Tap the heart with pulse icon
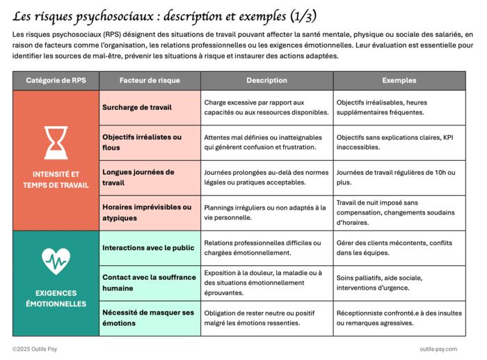coord(56,260)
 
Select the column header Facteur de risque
coord(150,81)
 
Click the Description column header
coord(266,81)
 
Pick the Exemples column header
coord(399,81)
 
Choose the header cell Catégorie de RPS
coord(56,81)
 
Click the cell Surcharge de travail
coord(137,107)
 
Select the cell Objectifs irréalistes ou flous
coord(142,142)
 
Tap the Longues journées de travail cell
coord(138,177)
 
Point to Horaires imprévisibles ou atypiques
coord(147,212)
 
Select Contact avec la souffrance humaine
coord(149,283)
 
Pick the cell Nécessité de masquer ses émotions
coord(148,318)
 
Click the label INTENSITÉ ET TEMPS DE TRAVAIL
coord(56,180)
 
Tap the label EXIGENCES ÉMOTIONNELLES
coord(56,298)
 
